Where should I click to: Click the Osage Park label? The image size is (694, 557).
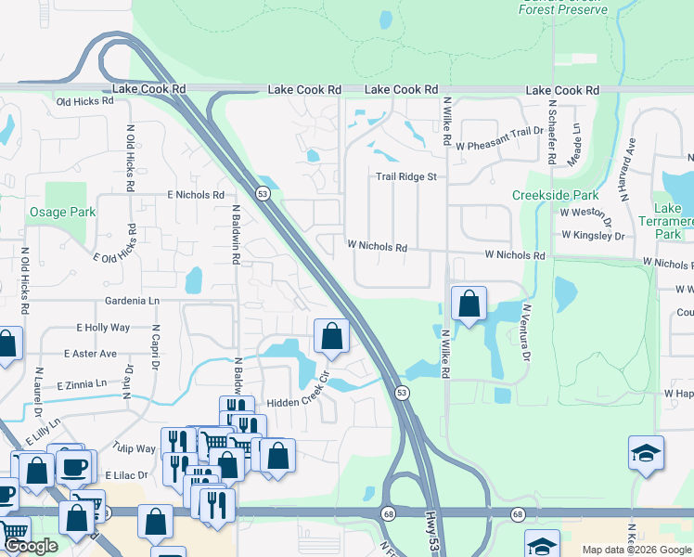pos(61,212)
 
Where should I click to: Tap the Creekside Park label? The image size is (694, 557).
pos(555,196)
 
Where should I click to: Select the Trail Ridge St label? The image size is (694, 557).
pos(405,176)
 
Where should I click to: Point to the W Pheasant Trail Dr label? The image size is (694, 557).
pos(505,131)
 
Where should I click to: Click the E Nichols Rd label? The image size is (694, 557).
pos(196,195)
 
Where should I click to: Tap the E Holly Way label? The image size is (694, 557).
pos(102,328)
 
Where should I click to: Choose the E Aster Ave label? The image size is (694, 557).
pos(90,354)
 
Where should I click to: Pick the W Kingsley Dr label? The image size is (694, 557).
pos(592,236)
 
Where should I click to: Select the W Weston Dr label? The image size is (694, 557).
pos(585,214)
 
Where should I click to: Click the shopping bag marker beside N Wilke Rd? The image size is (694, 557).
pos(469,304)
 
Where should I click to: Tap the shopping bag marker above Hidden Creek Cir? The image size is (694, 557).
pos(331,337)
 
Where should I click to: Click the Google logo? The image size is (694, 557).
pos(31,547)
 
